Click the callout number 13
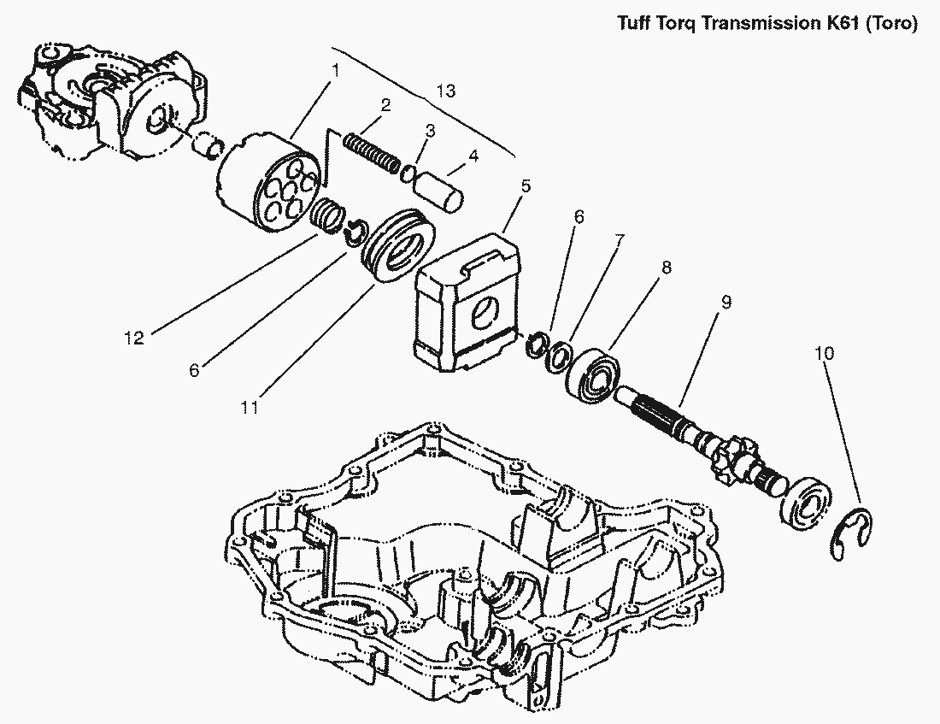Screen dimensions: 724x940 click(444, 90)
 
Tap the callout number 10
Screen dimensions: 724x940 click(825, 353)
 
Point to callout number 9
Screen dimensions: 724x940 click(726, 302)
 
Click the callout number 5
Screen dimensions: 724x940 click(526, 185)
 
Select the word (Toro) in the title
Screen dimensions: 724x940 click(891, 24)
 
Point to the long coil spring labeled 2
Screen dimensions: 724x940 click(371, 151)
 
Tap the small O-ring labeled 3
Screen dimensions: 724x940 click(409, 174)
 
